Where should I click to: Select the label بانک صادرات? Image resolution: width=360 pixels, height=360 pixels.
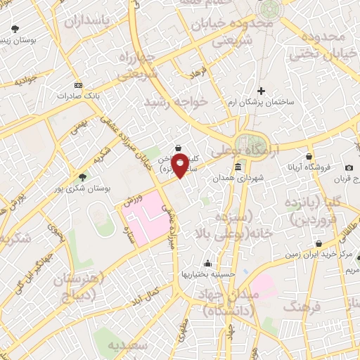[56, 94]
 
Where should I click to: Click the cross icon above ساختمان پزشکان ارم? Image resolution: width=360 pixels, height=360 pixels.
[261, 91]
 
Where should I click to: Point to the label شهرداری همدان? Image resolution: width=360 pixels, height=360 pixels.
[260, 179]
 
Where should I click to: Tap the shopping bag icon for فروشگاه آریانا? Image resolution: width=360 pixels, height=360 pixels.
[309, 157]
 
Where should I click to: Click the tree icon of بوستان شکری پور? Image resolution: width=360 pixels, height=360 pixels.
[84, 177]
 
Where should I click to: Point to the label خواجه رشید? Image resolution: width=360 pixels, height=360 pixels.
[175, 103]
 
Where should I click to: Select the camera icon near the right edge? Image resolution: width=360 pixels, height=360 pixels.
[349, 167]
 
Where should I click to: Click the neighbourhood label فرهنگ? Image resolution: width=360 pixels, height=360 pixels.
[303, 306]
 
